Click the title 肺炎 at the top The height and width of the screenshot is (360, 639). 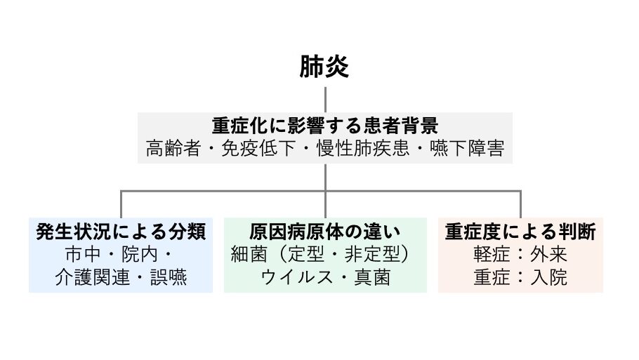point(324,67)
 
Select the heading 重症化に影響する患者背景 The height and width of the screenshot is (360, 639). point(324,126)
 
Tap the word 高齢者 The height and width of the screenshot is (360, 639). point(168,149)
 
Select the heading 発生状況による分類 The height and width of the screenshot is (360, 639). point(121,232)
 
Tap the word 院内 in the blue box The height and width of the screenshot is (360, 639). point(139,254)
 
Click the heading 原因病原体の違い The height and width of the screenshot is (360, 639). point(324,232)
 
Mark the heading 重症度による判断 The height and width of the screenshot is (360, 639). point(520,232)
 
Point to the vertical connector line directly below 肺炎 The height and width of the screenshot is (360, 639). point(325,98)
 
